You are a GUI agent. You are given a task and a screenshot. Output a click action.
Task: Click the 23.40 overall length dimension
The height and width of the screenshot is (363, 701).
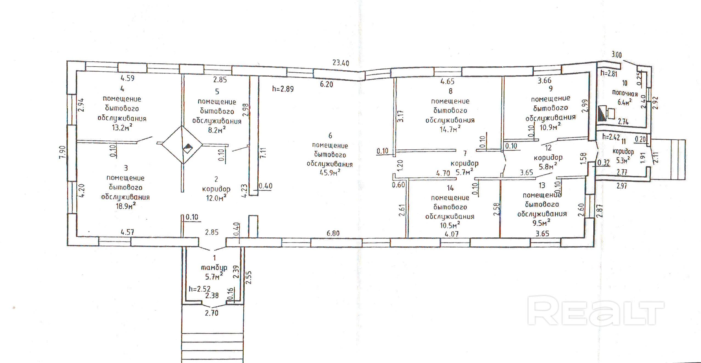[341, 63]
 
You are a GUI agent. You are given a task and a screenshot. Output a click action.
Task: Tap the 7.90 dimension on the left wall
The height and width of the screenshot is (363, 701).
[63, 152]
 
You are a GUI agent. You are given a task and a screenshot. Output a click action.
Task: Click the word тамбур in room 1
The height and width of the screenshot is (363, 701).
[214, 267]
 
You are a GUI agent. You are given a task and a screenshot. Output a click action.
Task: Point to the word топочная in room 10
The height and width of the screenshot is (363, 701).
[625, 93]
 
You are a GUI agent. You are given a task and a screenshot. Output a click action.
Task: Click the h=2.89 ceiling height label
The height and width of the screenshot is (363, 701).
[283, 89]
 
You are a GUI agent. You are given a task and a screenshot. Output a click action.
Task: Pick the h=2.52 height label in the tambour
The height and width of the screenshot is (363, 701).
[200, 289]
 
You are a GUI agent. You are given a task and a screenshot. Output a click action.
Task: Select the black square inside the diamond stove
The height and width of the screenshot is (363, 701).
[188, 148]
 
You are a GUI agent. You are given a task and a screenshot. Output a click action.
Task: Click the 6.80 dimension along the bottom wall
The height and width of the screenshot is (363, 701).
[333, 233]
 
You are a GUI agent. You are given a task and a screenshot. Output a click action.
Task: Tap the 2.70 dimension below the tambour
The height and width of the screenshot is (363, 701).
[211, 313]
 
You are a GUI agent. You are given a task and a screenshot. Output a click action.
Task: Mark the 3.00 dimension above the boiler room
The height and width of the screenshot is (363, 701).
[616, 55]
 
